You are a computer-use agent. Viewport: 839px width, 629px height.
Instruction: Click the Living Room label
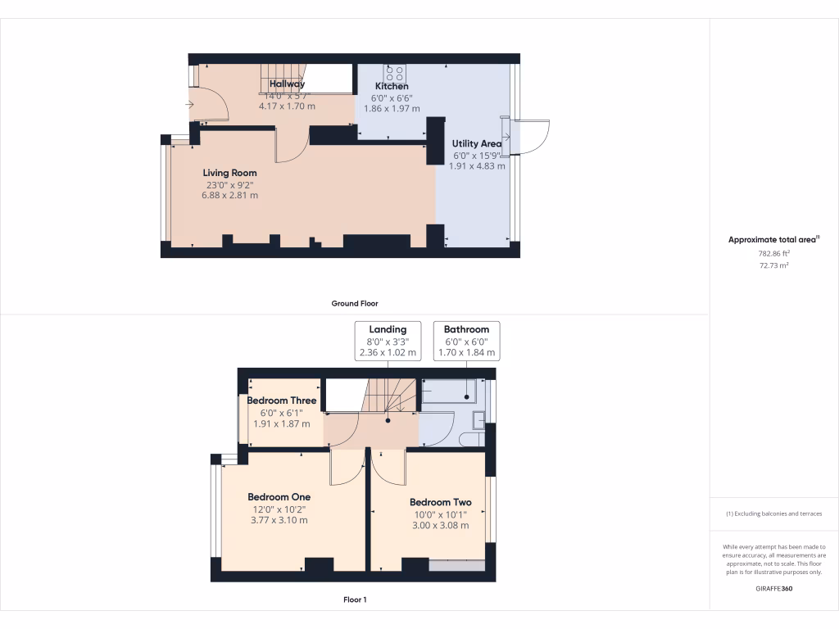tap(229, 173)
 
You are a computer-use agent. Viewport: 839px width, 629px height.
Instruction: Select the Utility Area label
tap(477, 143)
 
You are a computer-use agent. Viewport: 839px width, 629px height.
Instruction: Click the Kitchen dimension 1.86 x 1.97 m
tap(392, 108)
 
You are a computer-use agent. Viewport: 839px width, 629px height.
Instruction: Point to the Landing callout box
tap(388, 341)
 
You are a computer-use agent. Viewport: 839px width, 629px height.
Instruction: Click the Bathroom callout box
tap(466, 341)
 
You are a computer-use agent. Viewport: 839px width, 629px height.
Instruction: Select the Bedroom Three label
tap(282, 400)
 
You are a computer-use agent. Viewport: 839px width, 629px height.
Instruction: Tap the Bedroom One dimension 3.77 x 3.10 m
tap(279, 520)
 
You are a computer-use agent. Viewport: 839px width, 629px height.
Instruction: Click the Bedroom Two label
tap(441, 502)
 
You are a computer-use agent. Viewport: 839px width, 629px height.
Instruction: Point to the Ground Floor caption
tap(355, 303)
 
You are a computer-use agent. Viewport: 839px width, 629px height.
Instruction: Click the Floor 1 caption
tap(355, 600)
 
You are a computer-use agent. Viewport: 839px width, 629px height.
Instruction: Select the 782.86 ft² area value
tap(773, 254)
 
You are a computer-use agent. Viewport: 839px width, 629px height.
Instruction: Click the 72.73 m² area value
tap(773, 265)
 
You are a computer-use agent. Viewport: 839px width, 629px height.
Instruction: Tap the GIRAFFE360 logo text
tap(773, 588)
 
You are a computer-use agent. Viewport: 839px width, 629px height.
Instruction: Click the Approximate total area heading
tap(773, 240)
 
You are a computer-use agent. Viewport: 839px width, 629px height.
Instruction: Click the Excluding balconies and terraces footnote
tap(773, 514)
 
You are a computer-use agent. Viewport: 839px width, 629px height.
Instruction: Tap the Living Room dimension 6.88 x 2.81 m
tap(230, 195)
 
